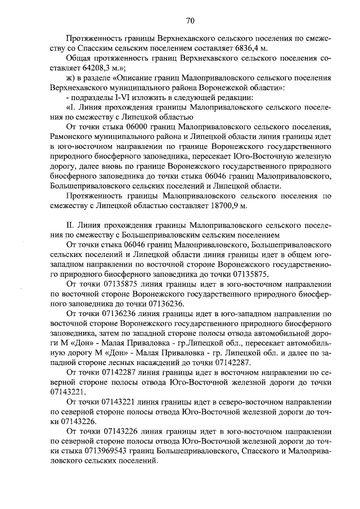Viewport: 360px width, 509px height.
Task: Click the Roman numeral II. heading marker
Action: (70, 225)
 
